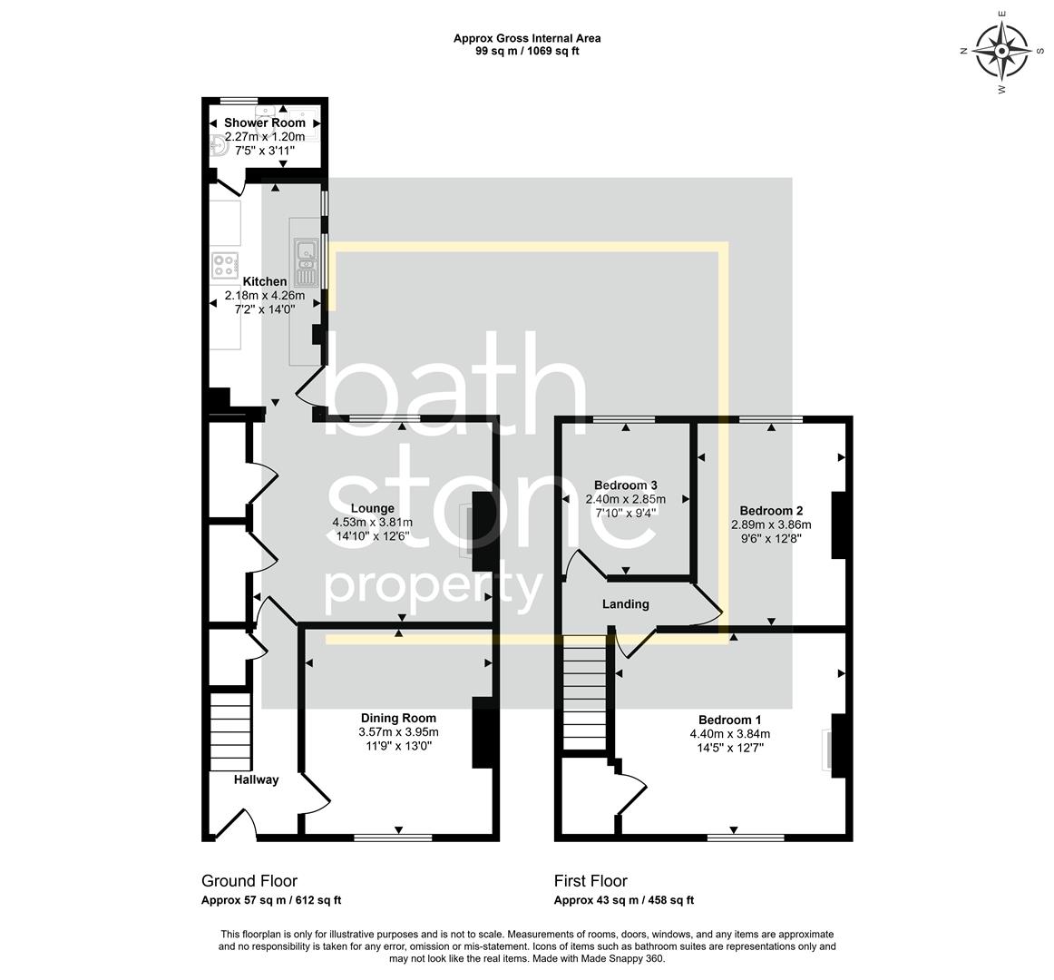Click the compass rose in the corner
coord(1001,51)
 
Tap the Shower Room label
coord(265,122)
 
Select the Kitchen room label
coord(264,282)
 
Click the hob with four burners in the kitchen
coord(224,264)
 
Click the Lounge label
coord(372,508)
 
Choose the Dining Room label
coord(398,719)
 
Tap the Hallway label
coord(256,779)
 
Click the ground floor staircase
coord(229,730)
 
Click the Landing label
coord(626,604)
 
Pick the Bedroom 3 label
coord(625,485)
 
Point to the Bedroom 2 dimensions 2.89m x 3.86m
coord(770,524)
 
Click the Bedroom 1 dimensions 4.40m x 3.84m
coord(729,735)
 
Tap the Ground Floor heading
coord(249,881)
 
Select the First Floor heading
coord(590,881)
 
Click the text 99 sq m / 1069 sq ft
coord(527,52)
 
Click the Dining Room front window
coord(393,838)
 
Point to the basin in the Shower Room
coord(216,146)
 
